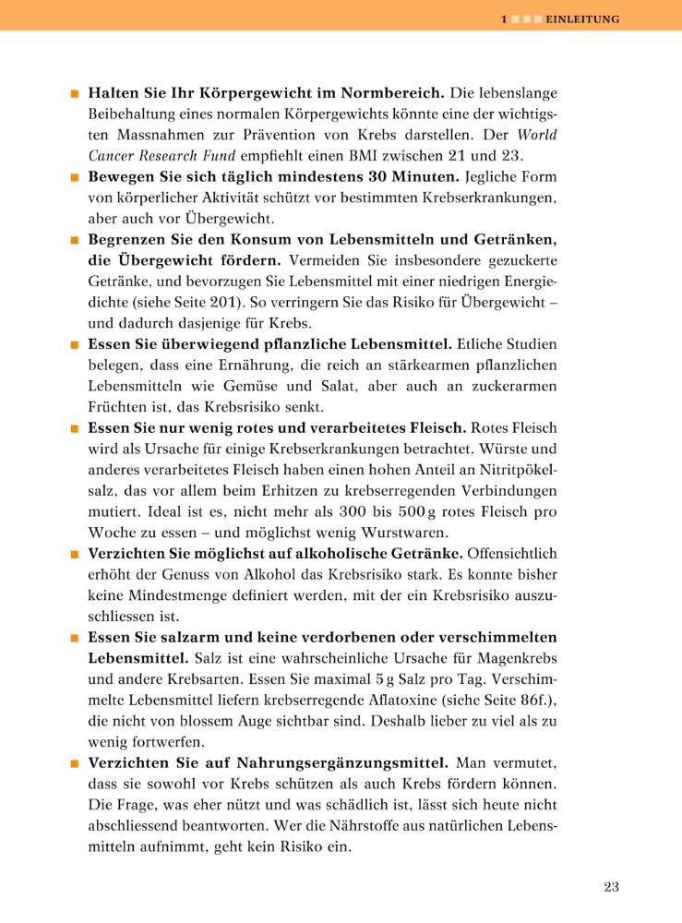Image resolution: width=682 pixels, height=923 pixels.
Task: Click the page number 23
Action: point(611,887)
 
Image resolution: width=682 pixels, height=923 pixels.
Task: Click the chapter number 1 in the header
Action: point(503,18)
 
